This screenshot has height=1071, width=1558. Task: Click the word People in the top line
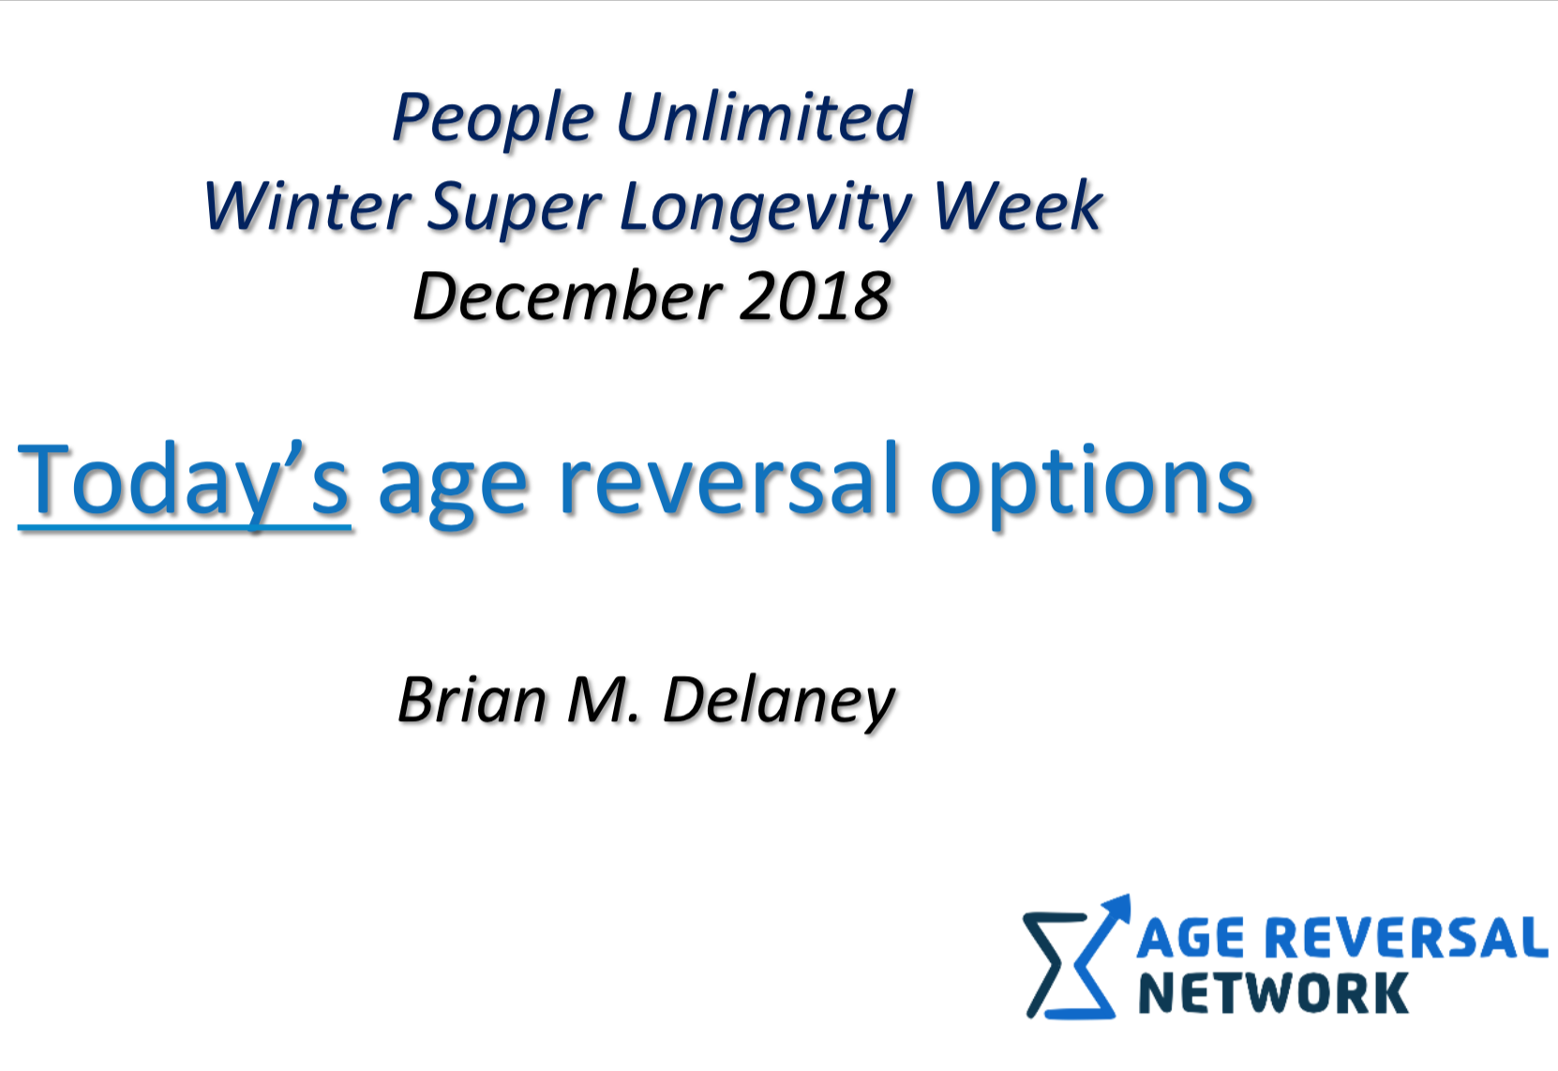click(493, 119)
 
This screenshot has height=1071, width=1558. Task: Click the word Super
click(514, 208)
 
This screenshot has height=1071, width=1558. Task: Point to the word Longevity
click(765, 208)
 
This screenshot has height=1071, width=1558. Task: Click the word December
click(567, 296)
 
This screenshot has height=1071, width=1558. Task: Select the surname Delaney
click(777, 702)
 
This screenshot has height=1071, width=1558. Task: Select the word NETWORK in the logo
click(1272, 994)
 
